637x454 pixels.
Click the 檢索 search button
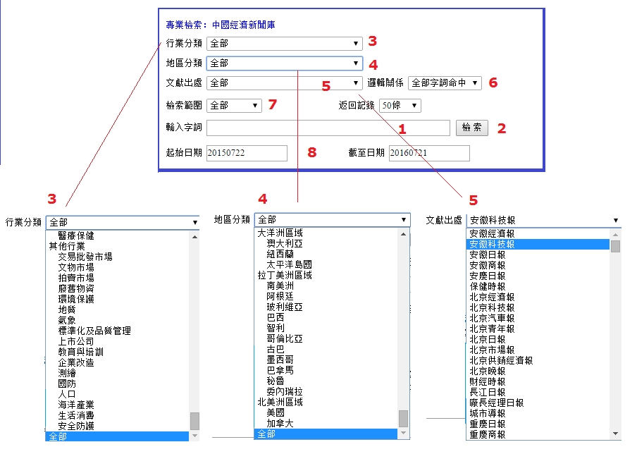pyautogui.click(x=471, y=128)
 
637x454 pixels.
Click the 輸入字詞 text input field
pyautogui.click(x=328, y=128)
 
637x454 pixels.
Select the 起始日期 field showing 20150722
pyautogui.click(x=247, y=153)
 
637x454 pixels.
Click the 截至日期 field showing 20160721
pyautogui.click(x=428, y=153)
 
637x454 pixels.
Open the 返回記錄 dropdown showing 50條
pyautogui.click(x=400, y=106)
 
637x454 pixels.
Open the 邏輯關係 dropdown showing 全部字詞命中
pyautogui.click(x=445, y=83)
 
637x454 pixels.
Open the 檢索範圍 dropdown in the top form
pyautogui.click(x=235, y=106)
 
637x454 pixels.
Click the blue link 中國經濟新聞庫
pyautogui.click(x=244, y=25)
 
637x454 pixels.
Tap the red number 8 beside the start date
pyautogui.click(x=312, y=152)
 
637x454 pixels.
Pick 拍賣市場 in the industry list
pyautogui.click(x=76, y=278)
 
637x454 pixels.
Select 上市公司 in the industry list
pyautogui.click(x=76, y=342)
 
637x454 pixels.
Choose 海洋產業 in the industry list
pyautogui.click(x=76, y=405)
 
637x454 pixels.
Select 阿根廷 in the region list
pyautogui.click(x=280, y=297)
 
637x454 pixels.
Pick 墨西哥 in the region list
pyautogui.click(x=280, y=360)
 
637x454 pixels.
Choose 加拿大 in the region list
pyautogui.click(x=280, y=424)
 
